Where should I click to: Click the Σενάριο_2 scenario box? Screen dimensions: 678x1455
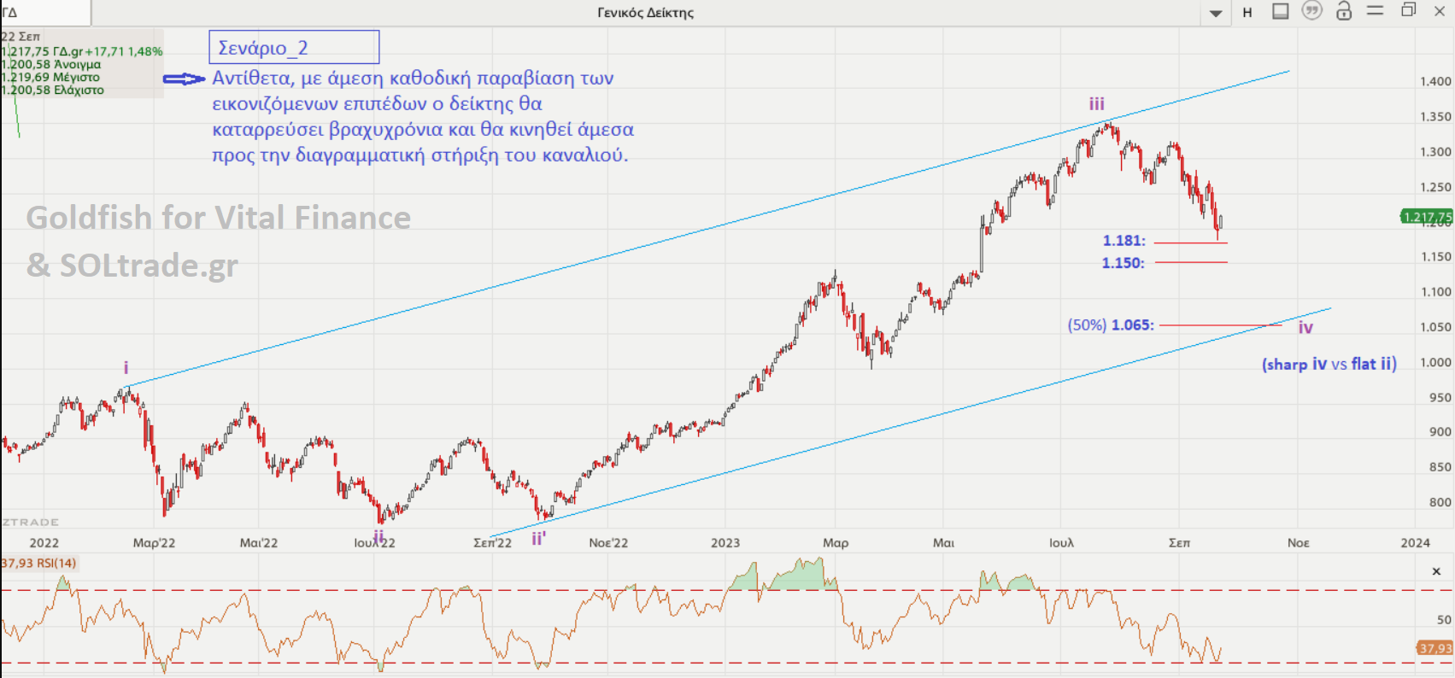[294, 47]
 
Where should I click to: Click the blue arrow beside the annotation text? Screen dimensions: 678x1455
[184, 79]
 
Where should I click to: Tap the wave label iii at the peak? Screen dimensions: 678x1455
[1097, 104]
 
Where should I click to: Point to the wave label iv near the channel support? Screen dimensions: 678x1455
[1305, 327]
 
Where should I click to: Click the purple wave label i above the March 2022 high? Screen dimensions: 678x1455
[126, 367]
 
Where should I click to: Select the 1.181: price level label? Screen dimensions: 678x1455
[1124, 241]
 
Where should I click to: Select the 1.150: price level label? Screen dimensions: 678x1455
[1123, 263]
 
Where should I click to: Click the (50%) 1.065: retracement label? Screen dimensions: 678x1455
[1111, 325]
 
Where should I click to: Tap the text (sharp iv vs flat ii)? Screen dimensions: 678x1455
[1329, 364]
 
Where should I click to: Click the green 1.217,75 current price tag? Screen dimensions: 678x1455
[1426, 217]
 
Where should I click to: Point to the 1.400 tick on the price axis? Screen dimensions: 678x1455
[1435, 82]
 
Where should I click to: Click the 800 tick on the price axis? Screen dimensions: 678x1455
[1440, 502]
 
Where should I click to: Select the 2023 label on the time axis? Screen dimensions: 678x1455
[725, 542]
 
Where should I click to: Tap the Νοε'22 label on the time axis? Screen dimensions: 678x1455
[608, 542]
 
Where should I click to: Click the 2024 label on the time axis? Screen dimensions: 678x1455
[1415, 542]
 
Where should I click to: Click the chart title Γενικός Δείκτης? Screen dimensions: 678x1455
[646, 13]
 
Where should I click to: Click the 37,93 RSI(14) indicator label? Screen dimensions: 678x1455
[39, 563]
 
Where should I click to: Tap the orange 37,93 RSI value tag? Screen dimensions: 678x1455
[1435, 648]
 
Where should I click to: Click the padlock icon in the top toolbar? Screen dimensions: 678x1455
[1344, 11]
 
